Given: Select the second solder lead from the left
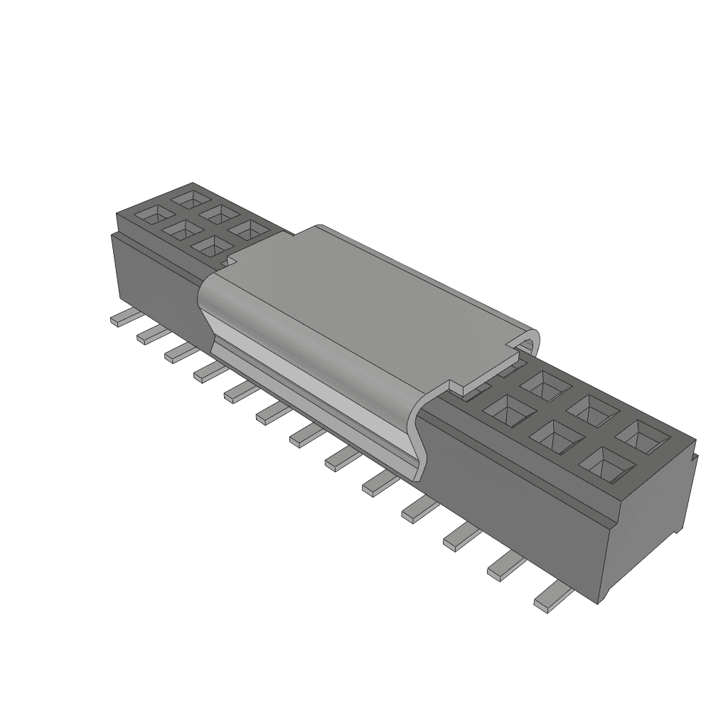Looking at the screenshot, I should click(151, 334).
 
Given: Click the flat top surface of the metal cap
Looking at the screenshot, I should click(370, 299).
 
